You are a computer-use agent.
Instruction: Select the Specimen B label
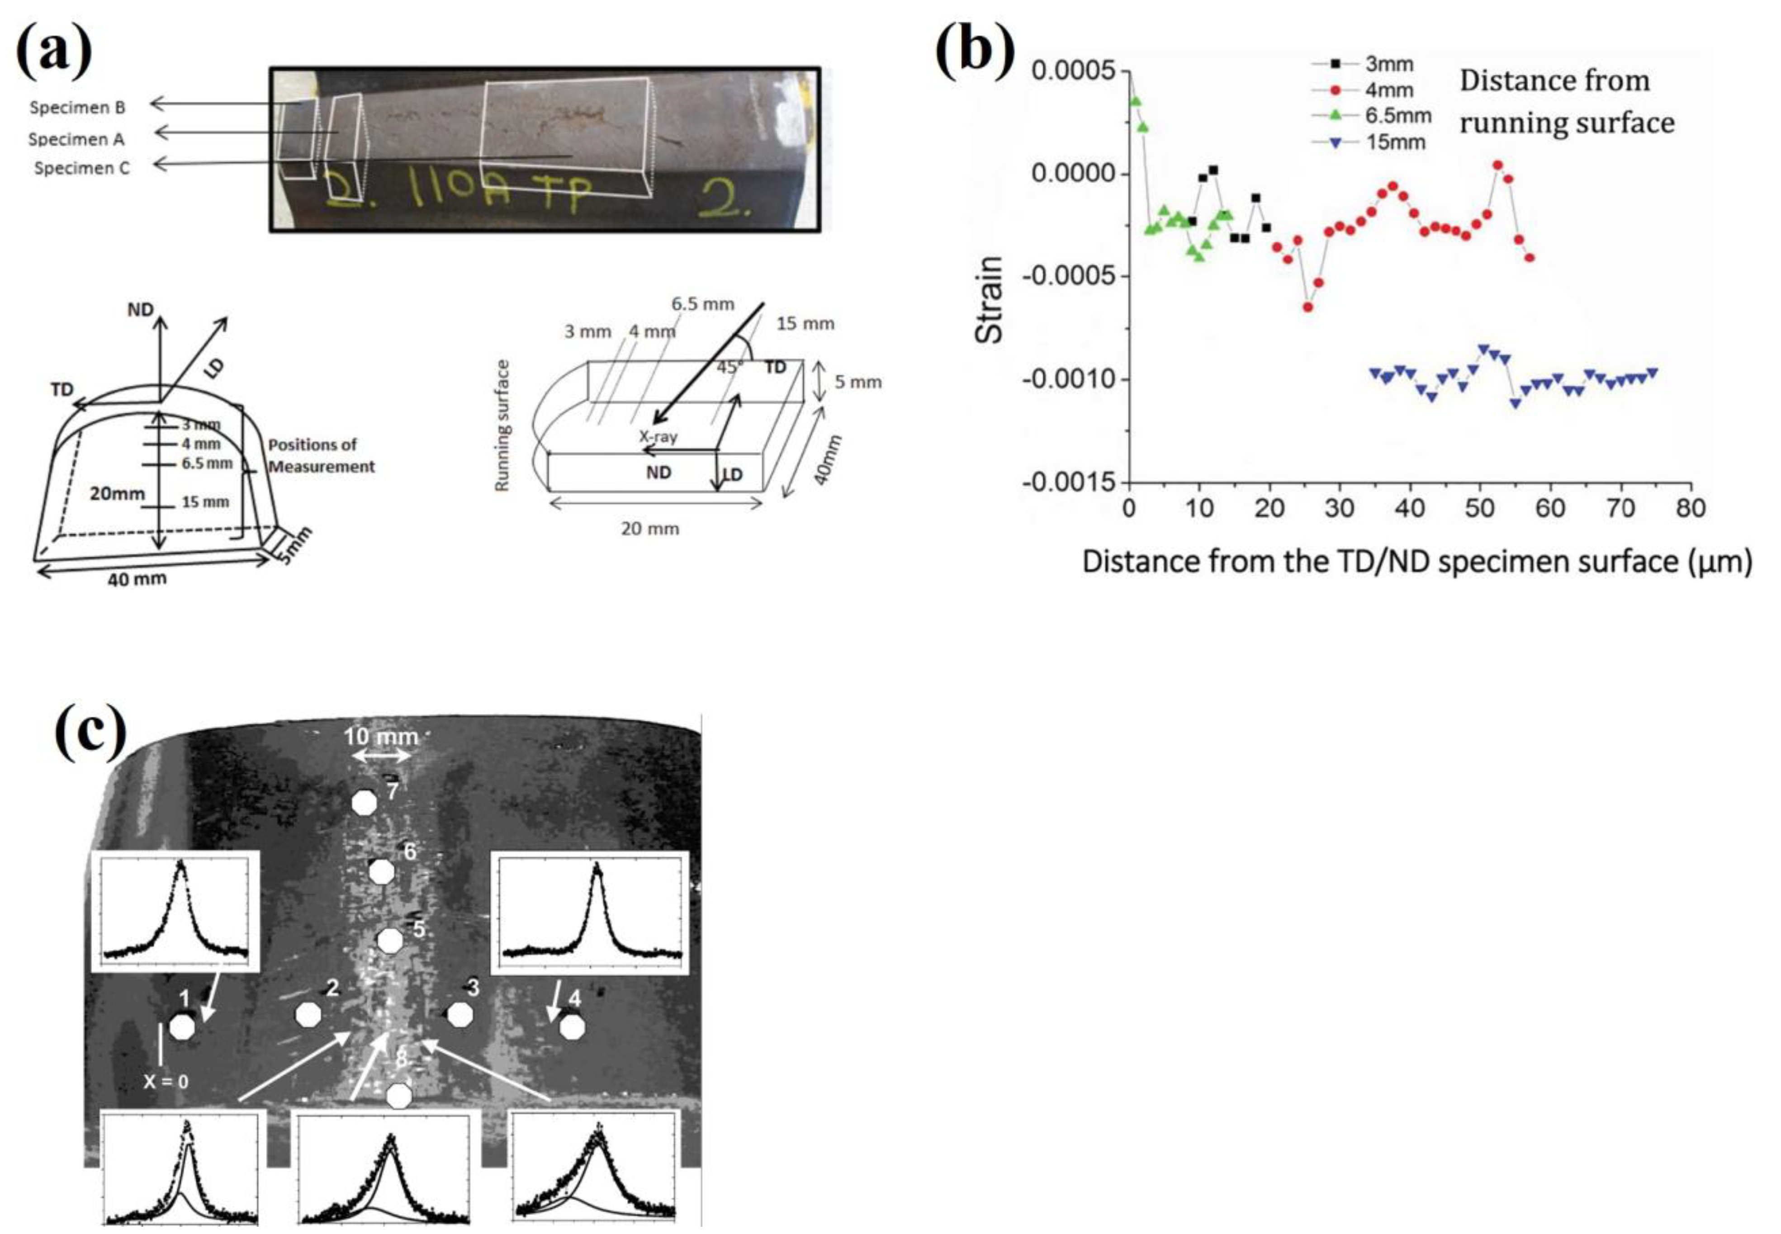(x=77, y=108)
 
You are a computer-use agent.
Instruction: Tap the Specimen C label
(x=82, y=168)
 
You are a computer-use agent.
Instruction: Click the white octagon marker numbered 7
(x=364, y=803)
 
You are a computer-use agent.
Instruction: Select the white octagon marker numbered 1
(x=183, y=1027)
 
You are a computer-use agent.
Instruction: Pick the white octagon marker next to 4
(x=572, y=1027)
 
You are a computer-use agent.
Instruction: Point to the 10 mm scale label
(x=380, y=736)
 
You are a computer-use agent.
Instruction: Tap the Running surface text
(x=502, y=425)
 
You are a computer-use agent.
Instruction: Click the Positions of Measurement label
(x=321, y=455)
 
